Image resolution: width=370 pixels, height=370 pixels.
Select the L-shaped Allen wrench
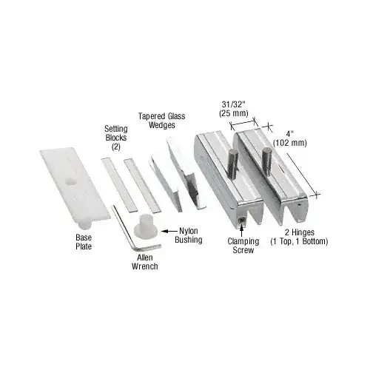click(x=132, y=229)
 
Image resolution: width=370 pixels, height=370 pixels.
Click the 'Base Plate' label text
click(x=83, y=241)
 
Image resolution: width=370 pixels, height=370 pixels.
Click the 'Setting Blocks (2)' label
click(x=115, y=137)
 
